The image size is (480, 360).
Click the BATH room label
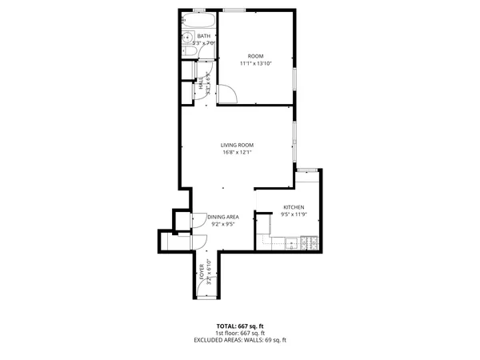pos(204,36)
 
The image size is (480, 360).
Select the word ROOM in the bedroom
pos(255,56)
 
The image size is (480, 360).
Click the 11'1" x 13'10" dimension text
pos(255,63)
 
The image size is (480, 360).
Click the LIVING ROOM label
pos(237,145)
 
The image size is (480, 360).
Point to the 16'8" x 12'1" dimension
pos(237,152)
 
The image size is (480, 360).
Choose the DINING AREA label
pos(223,217)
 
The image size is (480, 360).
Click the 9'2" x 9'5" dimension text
pos(223,224)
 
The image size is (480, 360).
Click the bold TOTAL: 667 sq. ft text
pos(239,326)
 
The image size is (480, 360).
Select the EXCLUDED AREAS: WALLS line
pos(239,340)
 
